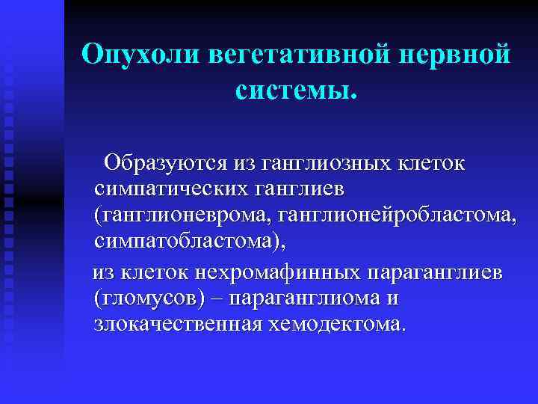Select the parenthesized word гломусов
[149, 299]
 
